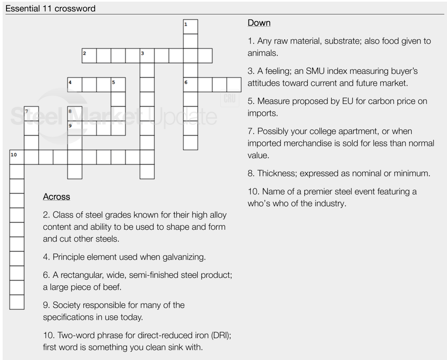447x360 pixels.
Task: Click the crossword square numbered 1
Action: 191,27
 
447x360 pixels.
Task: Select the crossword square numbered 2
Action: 89,56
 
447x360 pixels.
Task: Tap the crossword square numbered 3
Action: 147,56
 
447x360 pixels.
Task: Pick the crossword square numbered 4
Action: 75,85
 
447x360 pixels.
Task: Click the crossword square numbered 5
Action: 118,85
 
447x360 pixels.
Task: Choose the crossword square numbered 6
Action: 191,85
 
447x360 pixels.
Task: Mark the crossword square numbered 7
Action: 31,114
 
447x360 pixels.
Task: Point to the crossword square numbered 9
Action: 75,128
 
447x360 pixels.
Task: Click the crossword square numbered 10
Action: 17,157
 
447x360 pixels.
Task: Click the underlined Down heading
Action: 259,23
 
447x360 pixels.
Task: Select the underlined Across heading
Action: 56,197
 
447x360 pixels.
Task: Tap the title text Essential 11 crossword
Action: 50,8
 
